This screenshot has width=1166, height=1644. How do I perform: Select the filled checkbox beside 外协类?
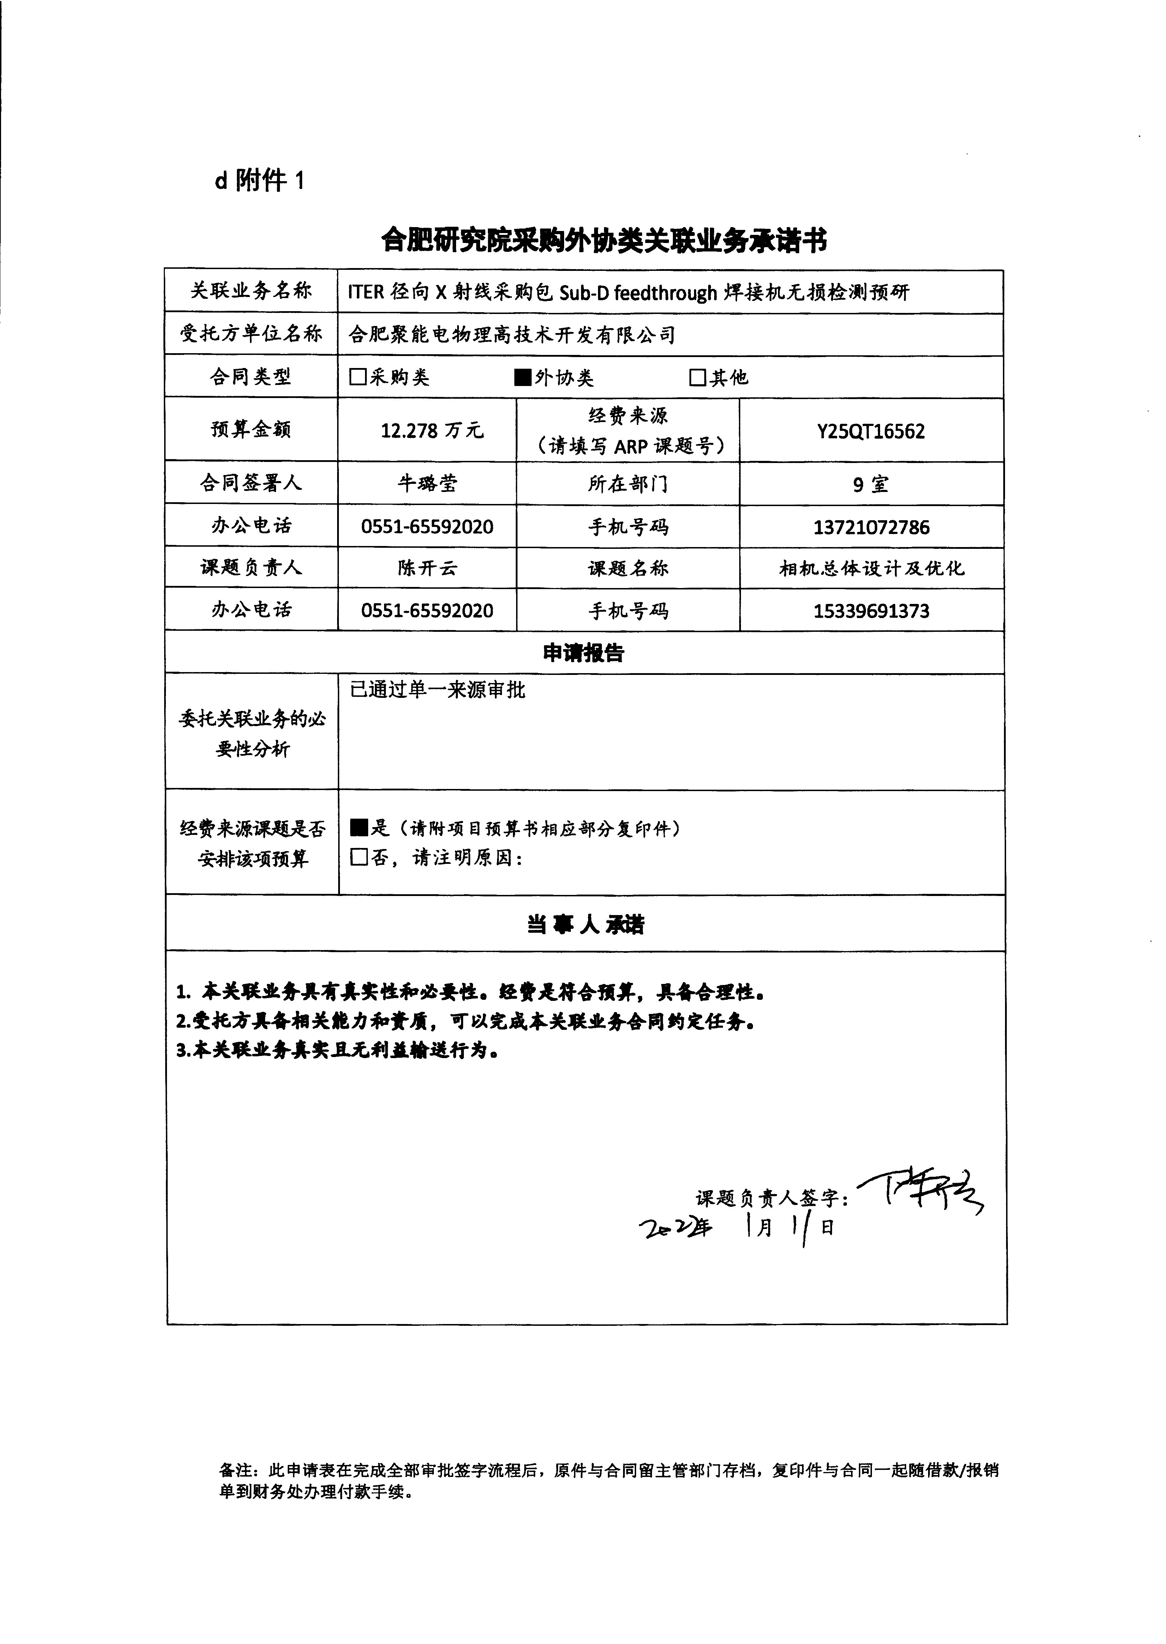point(523,377)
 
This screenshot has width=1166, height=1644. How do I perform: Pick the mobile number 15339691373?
point(871,611)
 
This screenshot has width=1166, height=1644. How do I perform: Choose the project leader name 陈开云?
point(427,568)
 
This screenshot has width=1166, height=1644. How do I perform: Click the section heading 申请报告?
point(584,653)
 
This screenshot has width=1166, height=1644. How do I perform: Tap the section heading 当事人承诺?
point(585,924)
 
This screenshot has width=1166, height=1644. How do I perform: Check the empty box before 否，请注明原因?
point(358,857)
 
